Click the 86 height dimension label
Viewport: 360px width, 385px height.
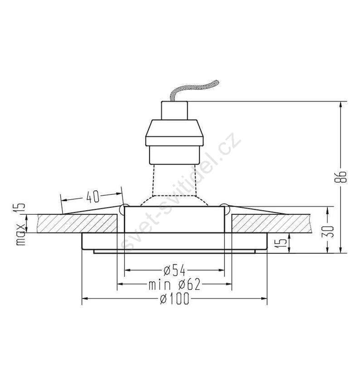(341, 177)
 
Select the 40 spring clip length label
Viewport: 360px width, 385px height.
(92, 197)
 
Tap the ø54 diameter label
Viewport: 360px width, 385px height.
(174, 270)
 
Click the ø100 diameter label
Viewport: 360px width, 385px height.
(175, 298)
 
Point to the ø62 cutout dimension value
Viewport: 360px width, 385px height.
(190, 284)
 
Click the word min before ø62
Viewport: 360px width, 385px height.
(160, 285)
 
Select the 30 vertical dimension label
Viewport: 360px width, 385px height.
(328, 231)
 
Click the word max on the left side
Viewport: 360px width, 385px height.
(21, 235)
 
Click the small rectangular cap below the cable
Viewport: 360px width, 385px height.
(175, 111)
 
